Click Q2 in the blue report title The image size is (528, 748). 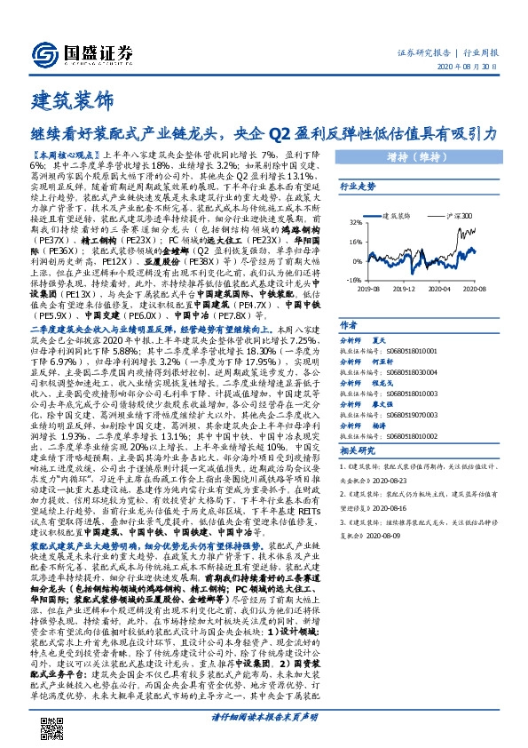tap(280, 134)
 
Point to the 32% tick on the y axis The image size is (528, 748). tap(354, 223)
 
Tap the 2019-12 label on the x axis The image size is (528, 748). tap(403, 289)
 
